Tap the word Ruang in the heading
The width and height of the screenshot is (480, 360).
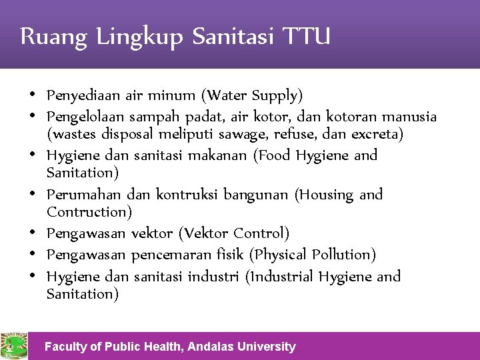point(54,37)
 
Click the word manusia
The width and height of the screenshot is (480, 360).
point(408,117)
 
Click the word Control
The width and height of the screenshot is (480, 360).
point(265,233)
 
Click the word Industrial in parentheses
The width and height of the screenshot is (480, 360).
point(280,276)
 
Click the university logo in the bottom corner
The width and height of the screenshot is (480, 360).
point(13,346)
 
